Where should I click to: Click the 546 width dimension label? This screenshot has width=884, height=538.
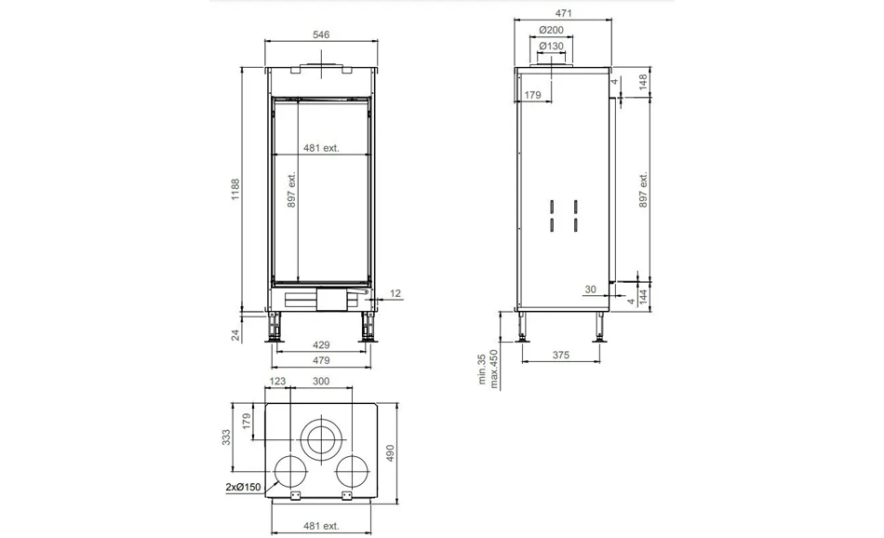point(321,34)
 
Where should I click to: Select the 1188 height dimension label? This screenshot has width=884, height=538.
point(235,190)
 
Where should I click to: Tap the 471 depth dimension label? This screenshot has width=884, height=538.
point(563,13)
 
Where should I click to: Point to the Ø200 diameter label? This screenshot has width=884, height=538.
point(551,30)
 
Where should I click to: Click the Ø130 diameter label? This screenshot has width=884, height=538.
point(551,46)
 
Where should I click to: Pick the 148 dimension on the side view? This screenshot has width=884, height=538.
point(643,82)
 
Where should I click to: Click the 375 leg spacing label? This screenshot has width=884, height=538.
point(561,355)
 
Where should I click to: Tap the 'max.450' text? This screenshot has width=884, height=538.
point(494,370)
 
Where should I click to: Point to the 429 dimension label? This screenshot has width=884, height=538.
point(321,344)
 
